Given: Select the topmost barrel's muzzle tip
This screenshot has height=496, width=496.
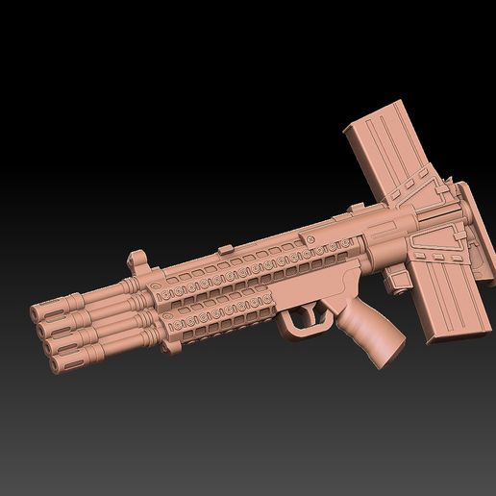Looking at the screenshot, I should tap(37, 312).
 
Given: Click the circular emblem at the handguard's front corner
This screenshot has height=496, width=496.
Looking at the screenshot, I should tap(154, 287).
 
